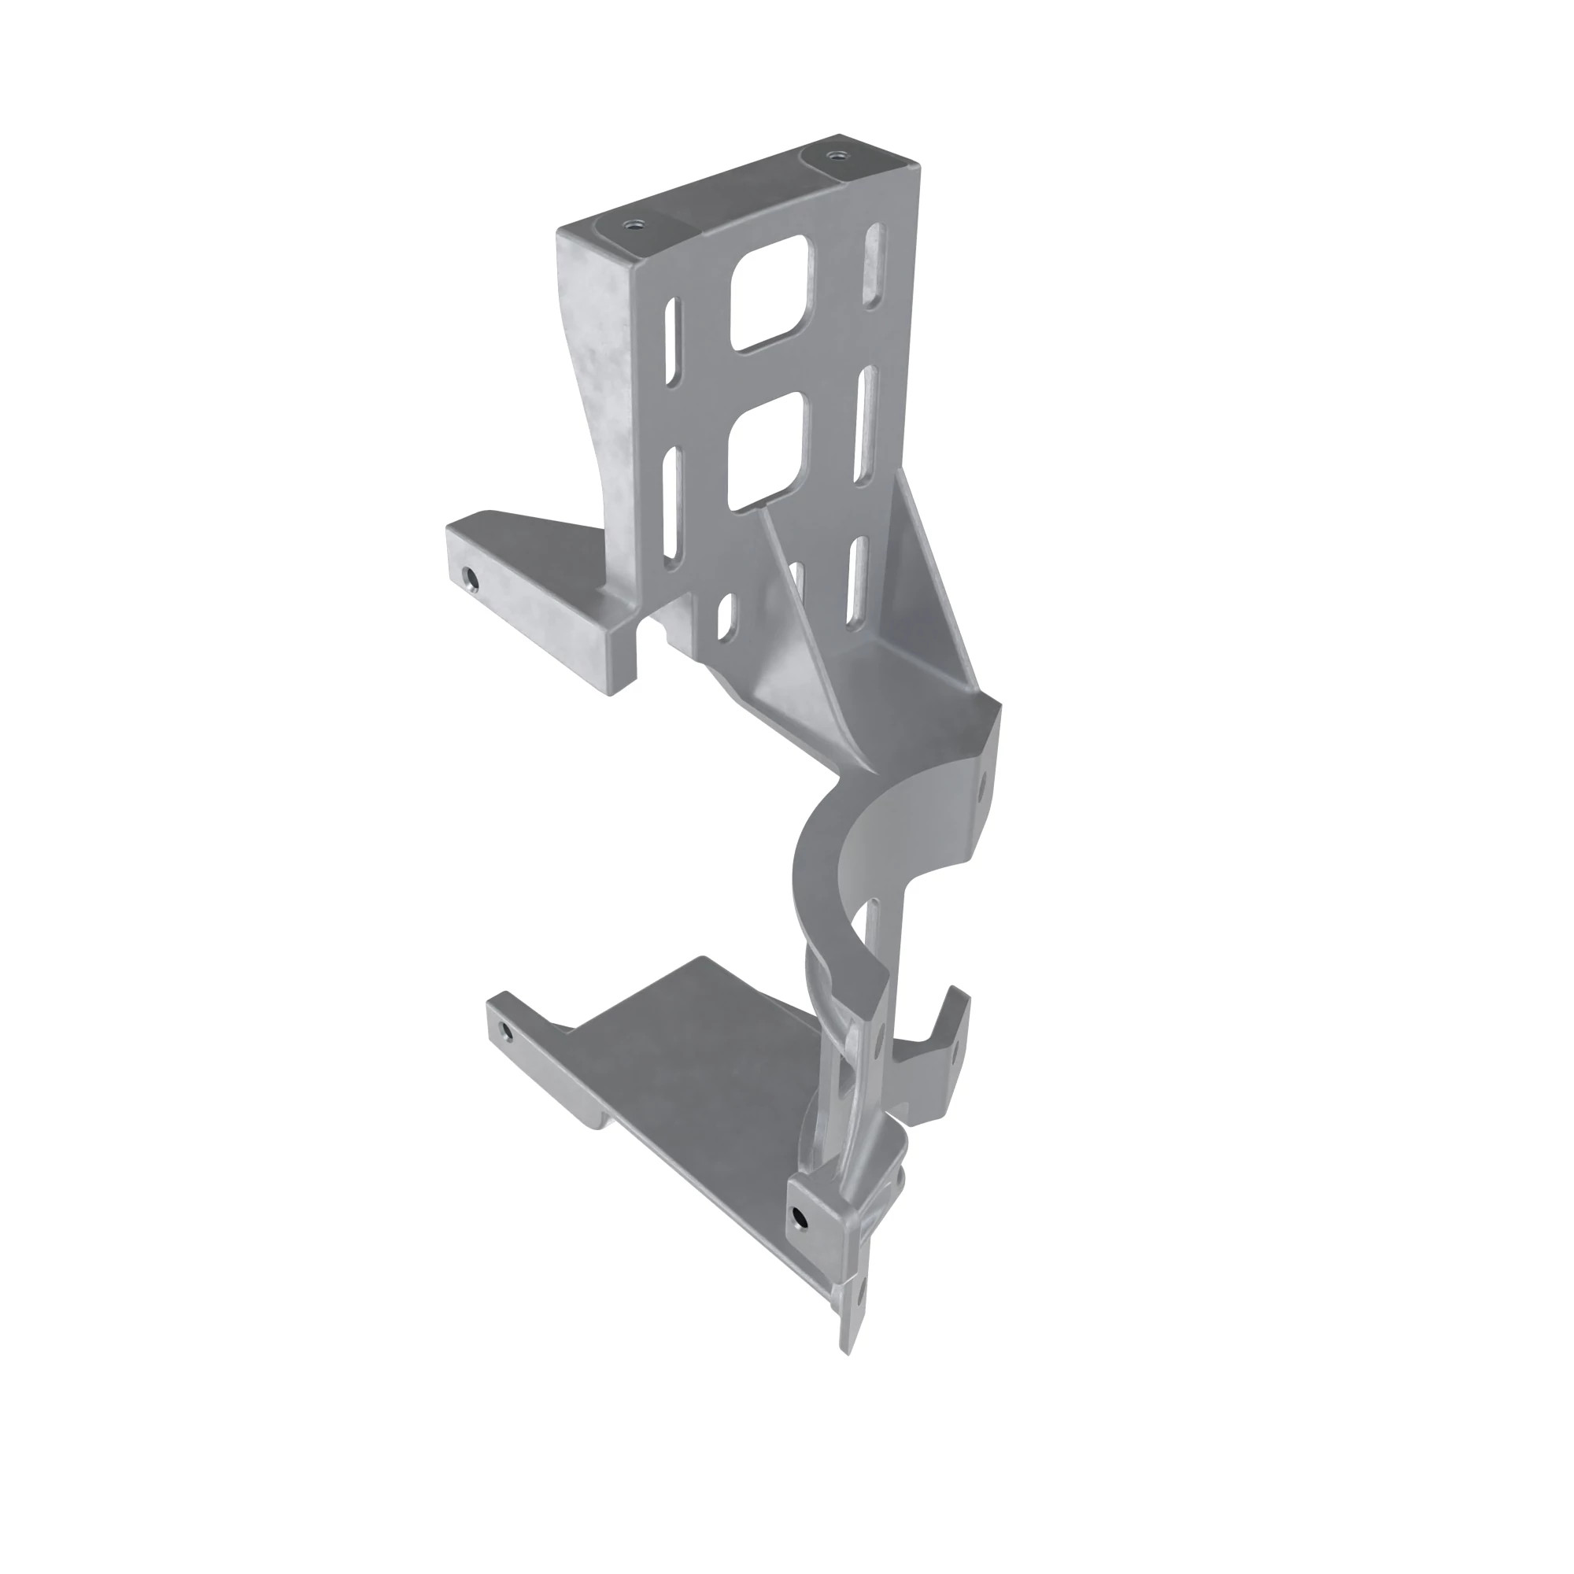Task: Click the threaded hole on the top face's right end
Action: click(832, 154)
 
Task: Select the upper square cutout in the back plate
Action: click(770, 294)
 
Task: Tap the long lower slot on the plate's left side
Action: click(672, 504)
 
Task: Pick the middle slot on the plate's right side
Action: click(866, 424)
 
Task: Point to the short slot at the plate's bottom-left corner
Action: click(723, 616)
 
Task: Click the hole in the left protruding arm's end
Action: click(470, 580)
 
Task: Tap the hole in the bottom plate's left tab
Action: click(506, 1033)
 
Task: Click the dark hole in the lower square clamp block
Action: click(800, 1218)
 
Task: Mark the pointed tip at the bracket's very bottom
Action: click(848, 1353)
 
